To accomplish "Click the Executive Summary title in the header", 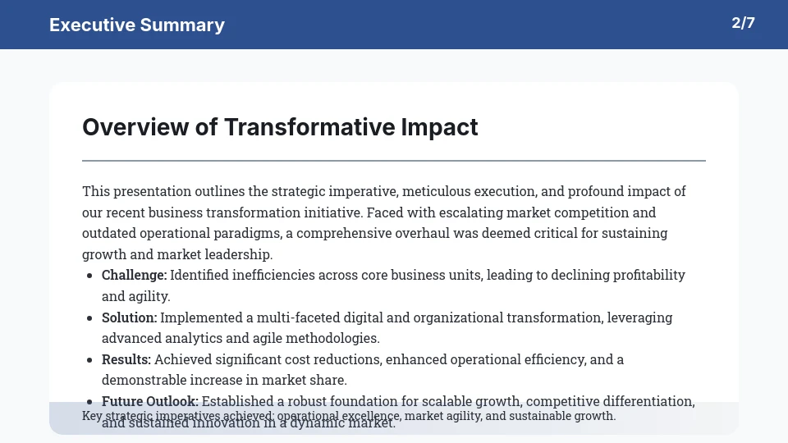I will point(136,25).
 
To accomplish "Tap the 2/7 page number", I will point(743,23).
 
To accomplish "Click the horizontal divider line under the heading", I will point(394,161).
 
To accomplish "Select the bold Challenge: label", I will point(134,275).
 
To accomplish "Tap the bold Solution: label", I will point(129,317).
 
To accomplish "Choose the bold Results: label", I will point(126,359).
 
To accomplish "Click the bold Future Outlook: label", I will point(150,401).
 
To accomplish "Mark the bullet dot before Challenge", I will point(89,276).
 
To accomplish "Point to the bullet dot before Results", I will point(89,360).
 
